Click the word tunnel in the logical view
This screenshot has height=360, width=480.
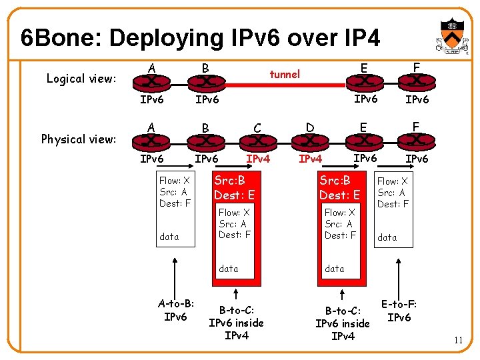[285, 74]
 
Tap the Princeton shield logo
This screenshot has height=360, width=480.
[450, 33]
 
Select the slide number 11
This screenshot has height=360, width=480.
[458, 341]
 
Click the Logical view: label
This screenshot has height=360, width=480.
[81, 79]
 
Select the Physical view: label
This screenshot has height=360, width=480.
[79, 139]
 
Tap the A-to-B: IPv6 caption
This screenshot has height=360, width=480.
[175, 310]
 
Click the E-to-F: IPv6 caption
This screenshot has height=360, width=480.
[399, 311]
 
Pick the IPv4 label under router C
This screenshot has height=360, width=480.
[258, 159]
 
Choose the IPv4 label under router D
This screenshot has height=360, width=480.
[311, 159]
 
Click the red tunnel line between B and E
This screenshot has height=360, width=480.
[287, 85]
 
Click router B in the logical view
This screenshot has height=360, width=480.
[205, 81]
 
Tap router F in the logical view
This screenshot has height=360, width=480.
[416, 81]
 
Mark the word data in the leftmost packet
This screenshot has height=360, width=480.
[169, 236]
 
